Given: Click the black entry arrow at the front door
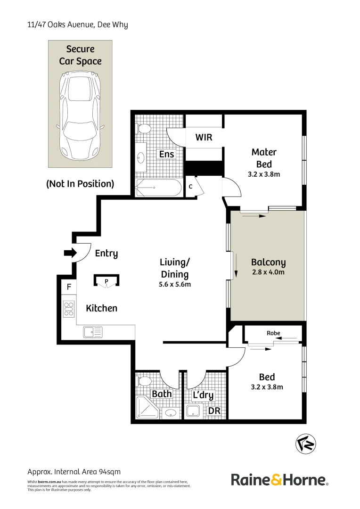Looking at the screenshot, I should click(x=70, y=253).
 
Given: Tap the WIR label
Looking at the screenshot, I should click(x=204, y=137).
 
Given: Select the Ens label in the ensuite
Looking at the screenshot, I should click(x=166, y=154).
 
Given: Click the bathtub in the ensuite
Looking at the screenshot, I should click(x=158, y=188).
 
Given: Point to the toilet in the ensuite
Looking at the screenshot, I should click(x=144, y=128).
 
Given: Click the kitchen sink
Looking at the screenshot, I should click(x=93, y=332).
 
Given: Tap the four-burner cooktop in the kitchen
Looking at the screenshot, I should click(x=69, y=308).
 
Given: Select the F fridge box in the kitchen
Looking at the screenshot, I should click(x=69, y=287).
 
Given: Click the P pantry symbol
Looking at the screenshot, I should click(x=106, y=282).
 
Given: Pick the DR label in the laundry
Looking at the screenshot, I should click(x=214, y=411).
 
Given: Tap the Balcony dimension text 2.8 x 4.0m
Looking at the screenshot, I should click(x=268, y=272).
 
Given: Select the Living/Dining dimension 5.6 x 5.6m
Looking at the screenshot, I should click(x=174, y=284).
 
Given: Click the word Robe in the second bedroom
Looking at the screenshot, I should click(x=273, y=333).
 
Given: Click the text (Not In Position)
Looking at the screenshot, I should click(x=80, y=184).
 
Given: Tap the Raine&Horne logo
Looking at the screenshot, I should click(x=279, y=480).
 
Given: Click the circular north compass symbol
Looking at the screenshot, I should click(x=306, y=443).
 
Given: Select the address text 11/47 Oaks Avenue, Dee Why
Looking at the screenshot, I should click(x=77, y=25).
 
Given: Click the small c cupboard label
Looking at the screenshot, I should click(x=191, y=186).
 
